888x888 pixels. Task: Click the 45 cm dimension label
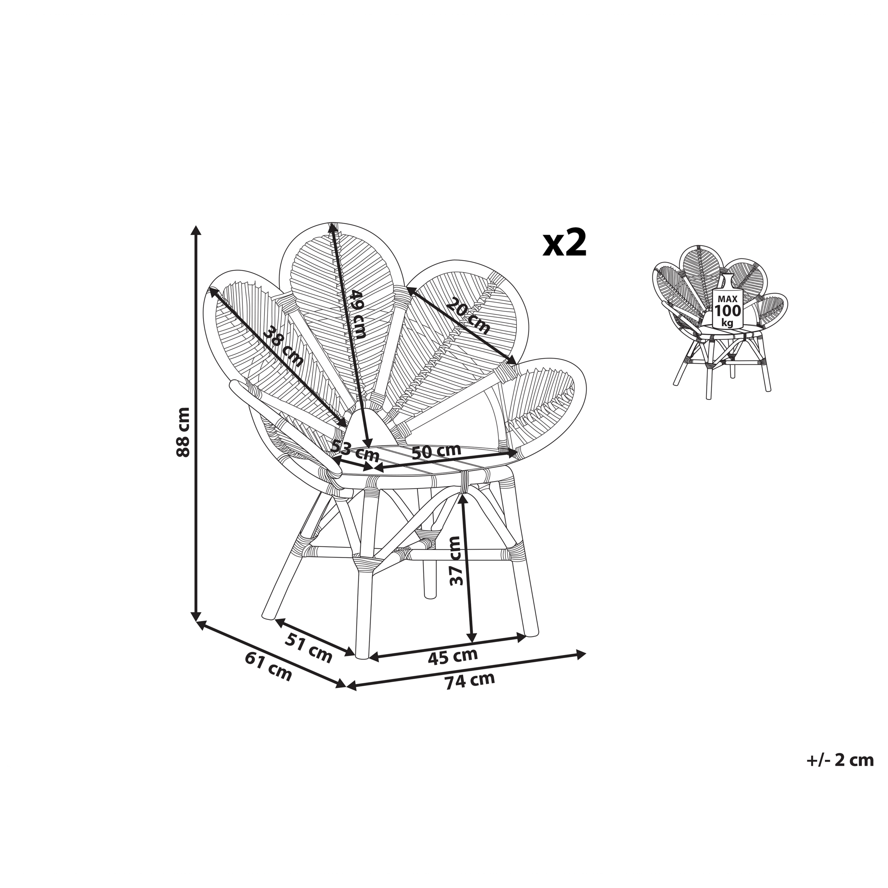click(x=453, y=656)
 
